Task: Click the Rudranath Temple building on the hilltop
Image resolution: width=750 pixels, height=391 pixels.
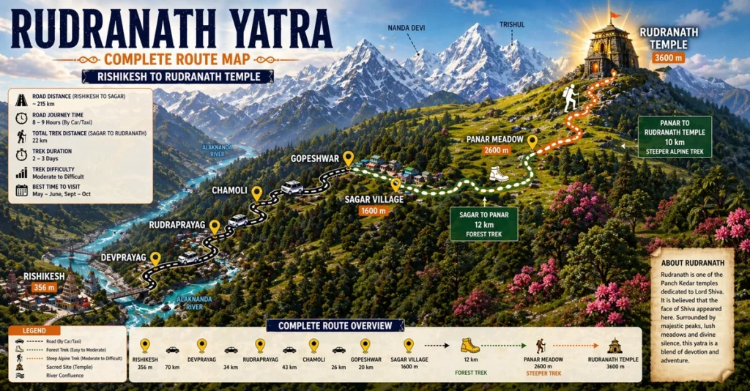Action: pyautogui.click(x=611, y=49)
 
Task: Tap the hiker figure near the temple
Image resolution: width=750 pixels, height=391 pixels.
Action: pyautogui.click(x=570, y=98)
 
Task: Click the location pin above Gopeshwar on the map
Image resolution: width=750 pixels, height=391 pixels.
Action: pyautogui.click(x=348, y=158)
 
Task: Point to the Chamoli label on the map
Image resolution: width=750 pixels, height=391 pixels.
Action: pyautogui.click(x=229, y=190)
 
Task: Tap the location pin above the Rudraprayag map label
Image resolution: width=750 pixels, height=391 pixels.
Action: pyautogui.click(x=215, y=227)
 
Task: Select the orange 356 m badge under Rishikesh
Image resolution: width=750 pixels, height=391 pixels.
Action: pyautogui.click(x=45, y=288)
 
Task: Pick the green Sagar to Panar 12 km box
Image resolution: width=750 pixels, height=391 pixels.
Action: pyautogui.click(x=483, y=224)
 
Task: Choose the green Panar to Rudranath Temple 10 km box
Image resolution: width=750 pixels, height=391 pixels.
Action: pyautogui.click(x=674, y=136)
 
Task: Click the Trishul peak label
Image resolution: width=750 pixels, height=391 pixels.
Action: pyautogui.click(x=512, y=25)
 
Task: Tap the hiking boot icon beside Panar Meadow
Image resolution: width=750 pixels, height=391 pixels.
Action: pyautogui.click(x=499, y=174)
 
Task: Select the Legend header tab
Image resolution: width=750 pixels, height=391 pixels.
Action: pyautogui.click(x=35, y=331)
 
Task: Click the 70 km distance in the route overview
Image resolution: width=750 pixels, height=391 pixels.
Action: pyautogui.click(x=173, y=367)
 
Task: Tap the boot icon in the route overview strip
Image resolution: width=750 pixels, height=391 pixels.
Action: pyautogui.click(x=469, y=345)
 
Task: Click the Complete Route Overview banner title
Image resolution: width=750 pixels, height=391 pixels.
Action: pyautogui.click(x=335, y=325)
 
